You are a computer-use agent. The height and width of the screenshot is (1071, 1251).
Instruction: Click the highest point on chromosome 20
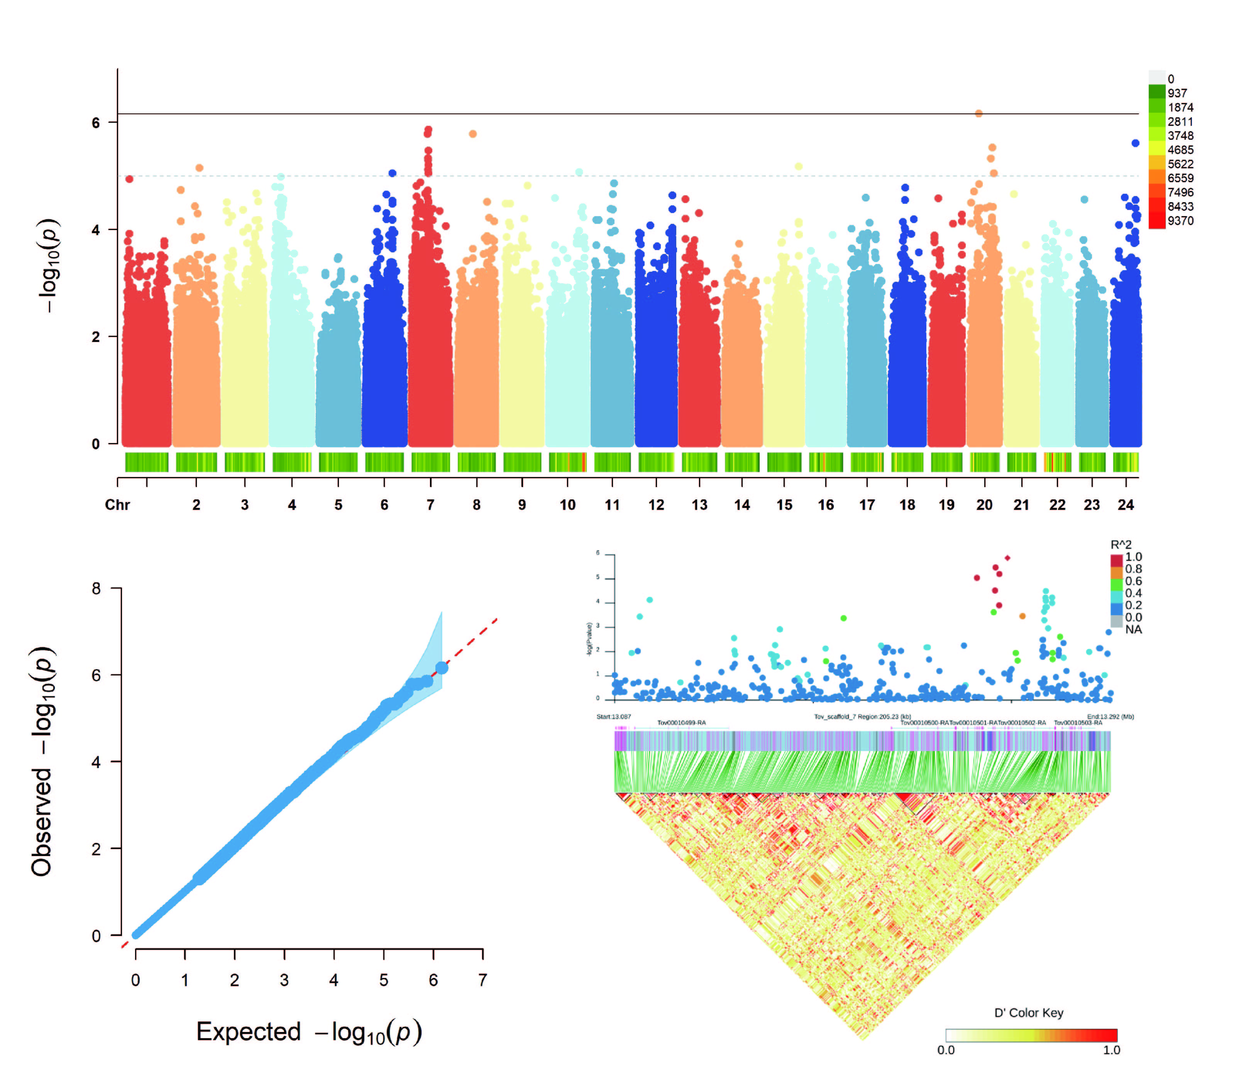coord(979,113)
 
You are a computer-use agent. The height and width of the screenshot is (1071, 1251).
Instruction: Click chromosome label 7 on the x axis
coord(430,505)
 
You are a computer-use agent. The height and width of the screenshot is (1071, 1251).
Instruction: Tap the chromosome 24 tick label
coord(1126,505)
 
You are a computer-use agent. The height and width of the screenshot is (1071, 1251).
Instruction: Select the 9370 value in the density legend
coord(1180,221)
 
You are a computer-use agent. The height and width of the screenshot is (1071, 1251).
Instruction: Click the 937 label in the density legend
coord(1177,93)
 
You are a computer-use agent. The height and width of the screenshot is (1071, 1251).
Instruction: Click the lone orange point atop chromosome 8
coord(473,134)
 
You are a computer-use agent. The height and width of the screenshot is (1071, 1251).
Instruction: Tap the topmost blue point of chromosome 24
coord(1135,143)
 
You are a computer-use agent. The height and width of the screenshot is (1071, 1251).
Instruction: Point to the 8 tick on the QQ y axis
coord(96,589)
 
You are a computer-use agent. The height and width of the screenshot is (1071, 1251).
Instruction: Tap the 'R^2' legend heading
coord(1121,545)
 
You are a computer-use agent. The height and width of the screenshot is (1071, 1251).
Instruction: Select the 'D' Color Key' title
coord(1029,1012)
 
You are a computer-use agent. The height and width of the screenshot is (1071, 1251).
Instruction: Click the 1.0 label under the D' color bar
coord(1112,1050)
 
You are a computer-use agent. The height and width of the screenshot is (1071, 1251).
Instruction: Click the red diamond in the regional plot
coord(1007,558)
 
